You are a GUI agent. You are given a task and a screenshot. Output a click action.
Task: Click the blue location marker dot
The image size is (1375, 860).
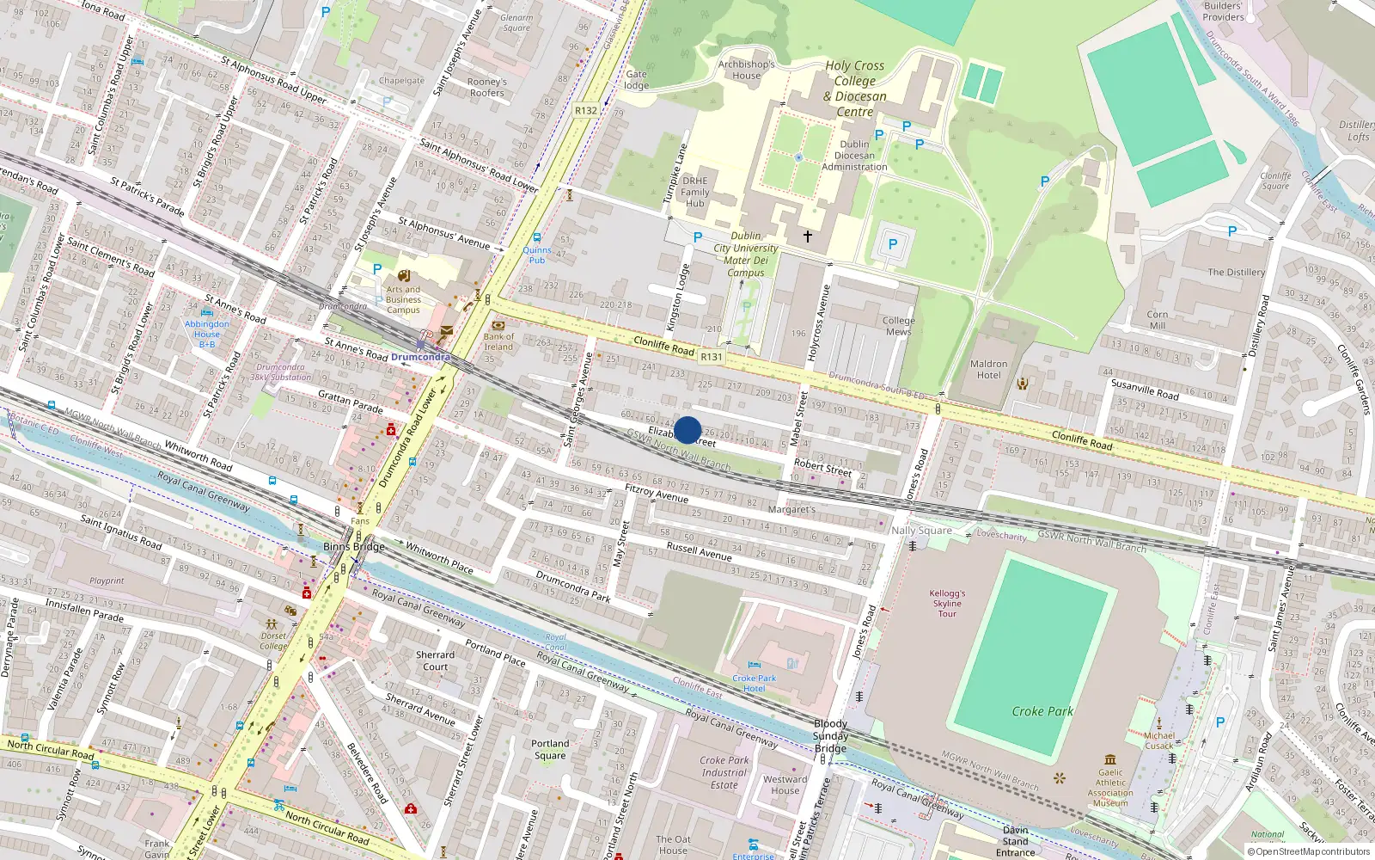687,430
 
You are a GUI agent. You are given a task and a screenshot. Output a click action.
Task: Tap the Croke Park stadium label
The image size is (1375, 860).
1042,711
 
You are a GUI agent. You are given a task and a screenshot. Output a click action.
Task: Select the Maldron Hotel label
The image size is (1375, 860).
988,370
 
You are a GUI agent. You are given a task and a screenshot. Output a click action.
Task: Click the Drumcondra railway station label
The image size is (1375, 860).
420,357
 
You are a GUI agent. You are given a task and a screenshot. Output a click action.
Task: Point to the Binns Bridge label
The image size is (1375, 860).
354,547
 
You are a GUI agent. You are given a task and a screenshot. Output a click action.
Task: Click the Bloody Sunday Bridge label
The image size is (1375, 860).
830,736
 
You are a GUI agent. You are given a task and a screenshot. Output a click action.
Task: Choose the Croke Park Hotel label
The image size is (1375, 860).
754,683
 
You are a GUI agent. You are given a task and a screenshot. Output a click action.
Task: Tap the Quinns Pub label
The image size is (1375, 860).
537,255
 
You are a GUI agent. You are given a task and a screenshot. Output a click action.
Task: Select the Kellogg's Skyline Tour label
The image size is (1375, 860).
947,603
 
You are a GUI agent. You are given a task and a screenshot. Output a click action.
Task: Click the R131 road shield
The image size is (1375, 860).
712,357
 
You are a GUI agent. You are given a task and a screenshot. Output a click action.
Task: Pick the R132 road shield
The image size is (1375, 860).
586,110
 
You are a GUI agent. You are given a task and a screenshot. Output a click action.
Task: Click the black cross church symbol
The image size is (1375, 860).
807,236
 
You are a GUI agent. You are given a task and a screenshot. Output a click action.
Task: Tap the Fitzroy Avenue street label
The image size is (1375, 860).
657,493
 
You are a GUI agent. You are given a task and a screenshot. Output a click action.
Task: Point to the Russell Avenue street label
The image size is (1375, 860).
699,551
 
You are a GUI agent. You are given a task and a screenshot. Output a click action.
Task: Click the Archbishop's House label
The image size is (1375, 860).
746,70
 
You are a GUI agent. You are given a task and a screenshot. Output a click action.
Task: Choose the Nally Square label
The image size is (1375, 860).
921,531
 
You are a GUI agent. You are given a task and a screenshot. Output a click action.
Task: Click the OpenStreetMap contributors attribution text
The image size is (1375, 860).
1308,852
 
